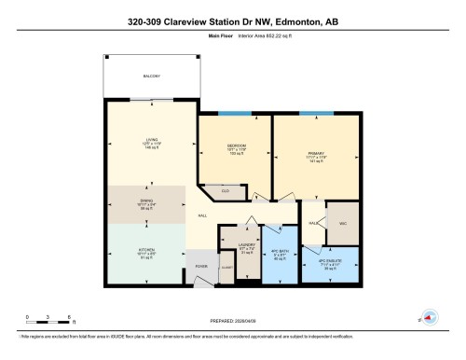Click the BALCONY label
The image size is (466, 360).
[x=151, y=76]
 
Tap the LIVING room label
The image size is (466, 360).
[x=152, y=140]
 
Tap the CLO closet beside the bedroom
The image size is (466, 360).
[x=224, y=191]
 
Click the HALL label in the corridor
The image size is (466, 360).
[x=202, y=216]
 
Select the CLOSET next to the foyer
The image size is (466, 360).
[x=226, y=268]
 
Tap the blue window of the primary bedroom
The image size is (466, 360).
[x=310, y=113]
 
